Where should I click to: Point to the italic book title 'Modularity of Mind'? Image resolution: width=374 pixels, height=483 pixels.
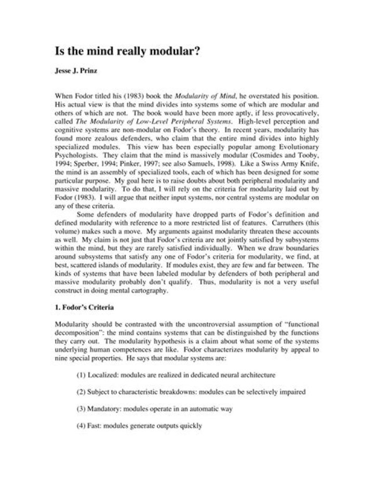pyautogui.click(x=199, y=96)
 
